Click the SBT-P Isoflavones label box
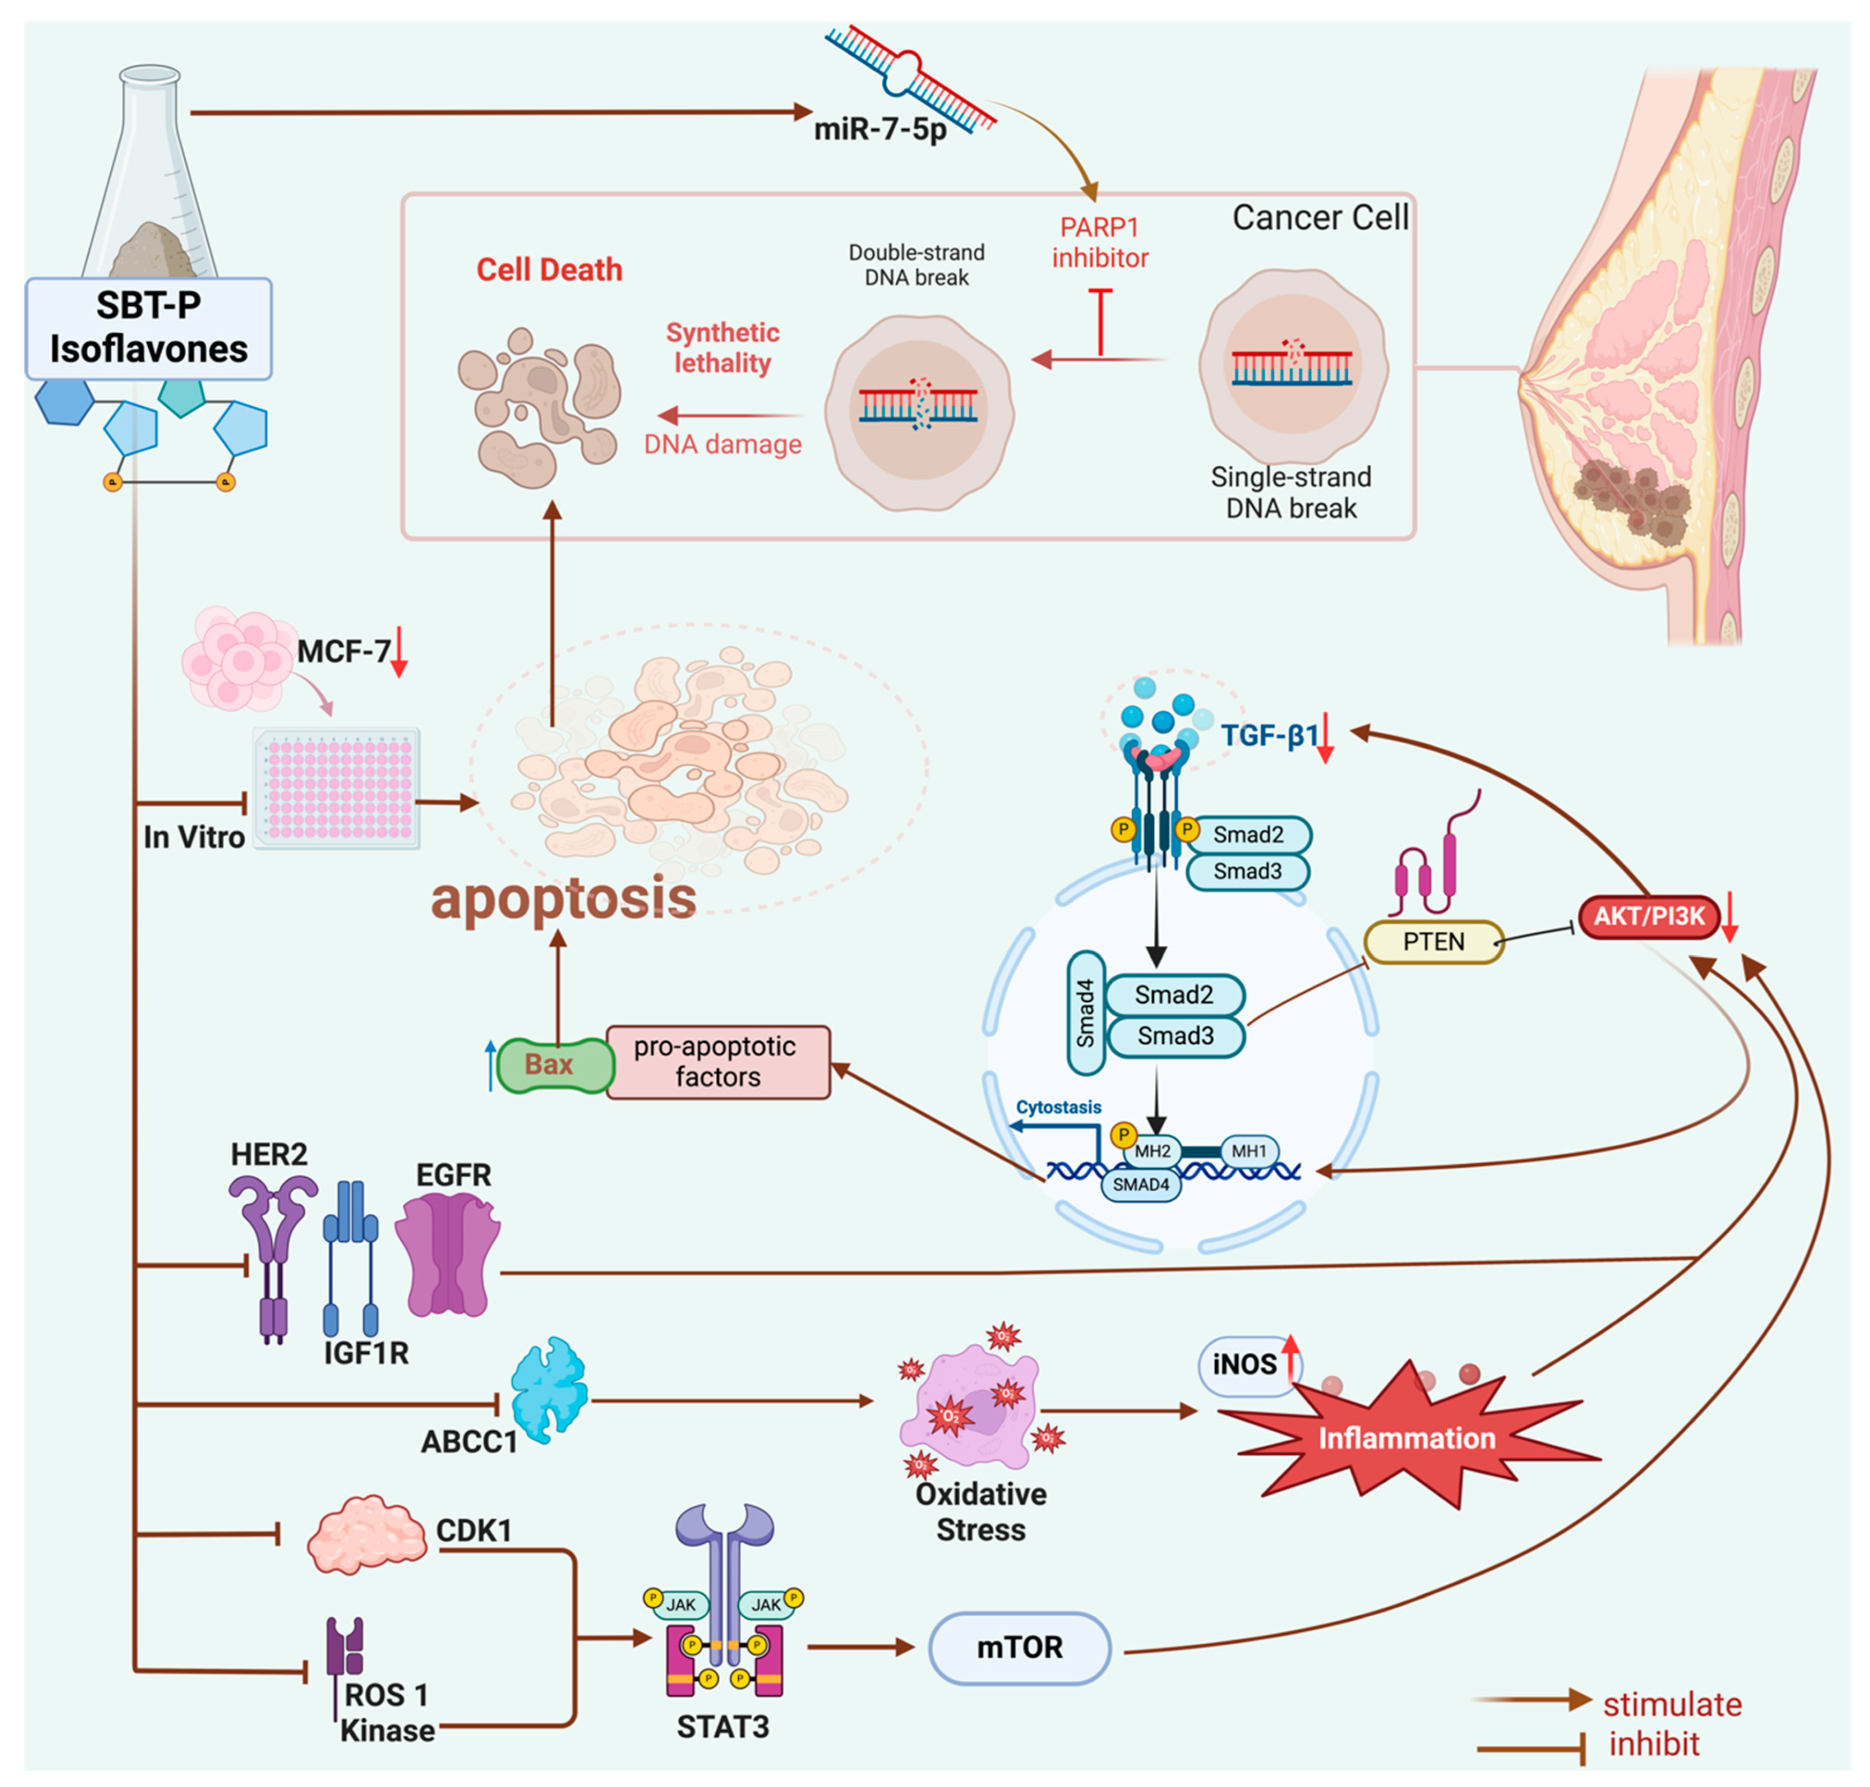pos(149,328)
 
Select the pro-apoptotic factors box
pos(717,1061)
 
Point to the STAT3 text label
pos(722,1726)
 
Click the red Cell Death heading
pos(549,270)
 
